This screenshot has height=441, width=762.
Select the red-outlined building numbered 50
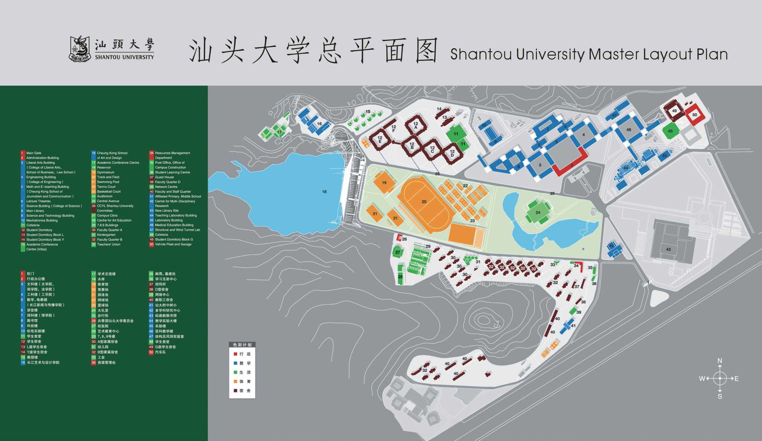point(695,115)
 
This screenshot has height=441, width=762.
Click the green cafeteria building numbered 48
point(670,132)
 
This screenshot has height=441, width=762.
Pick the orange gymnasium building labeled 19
point(384,183)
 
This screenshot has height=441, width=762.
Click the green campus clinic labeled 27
point(397,252)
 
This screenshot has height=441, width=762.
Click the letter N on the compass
point(720,361)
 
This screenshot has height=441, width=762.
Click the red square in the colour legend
point(236,354)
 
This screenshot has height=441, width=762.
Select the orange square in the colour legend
point(236,381)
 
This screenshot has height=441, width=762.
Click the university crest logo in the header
point(79,49)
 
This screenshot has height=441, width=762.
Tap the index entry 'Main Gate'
point(34,153)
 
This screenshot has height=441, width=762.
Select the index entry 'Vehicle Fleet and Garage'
point(173,244)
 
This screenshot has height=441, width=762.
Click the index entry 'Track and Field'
point(108,177)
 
